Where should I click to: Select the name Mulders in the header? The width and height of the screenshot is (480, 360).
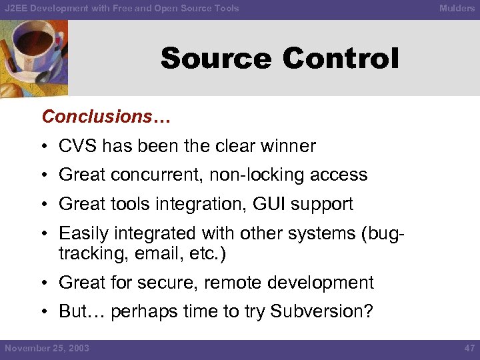457,9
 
